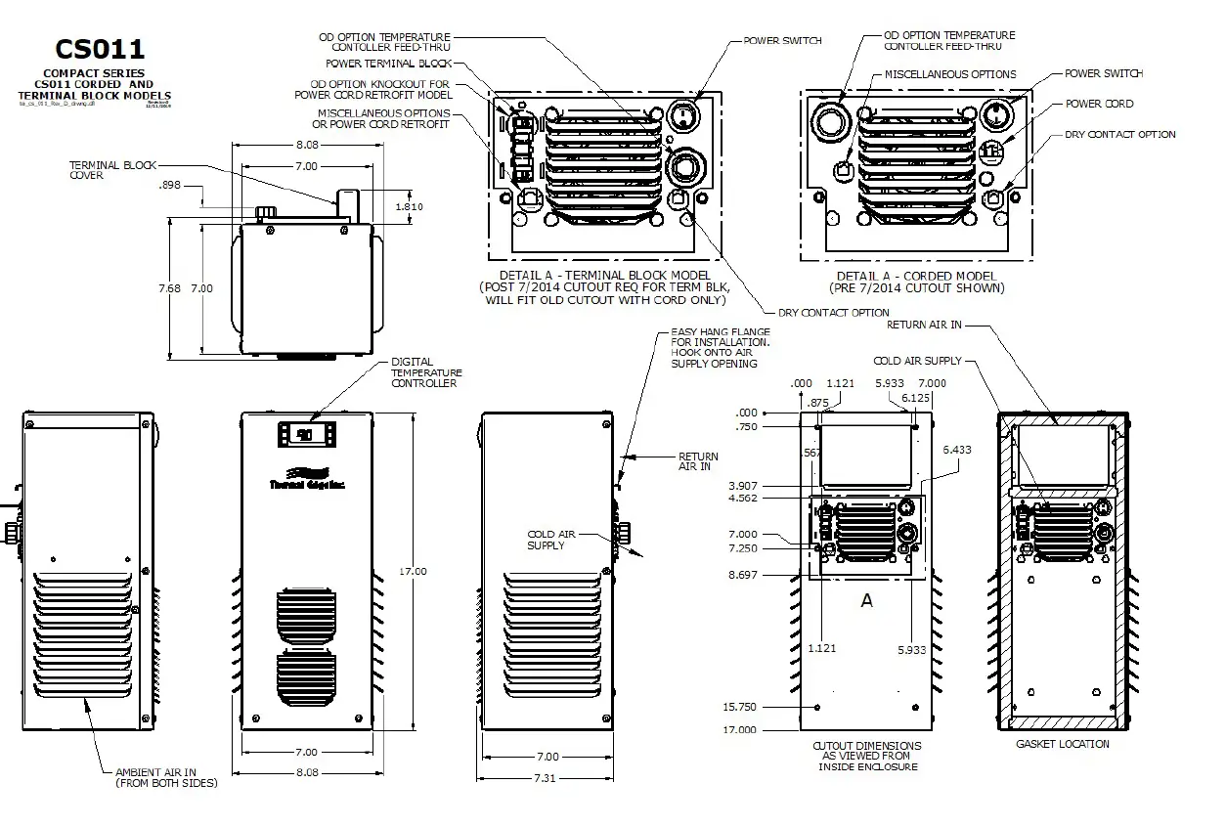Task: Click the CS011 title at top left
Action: tap(101, 48)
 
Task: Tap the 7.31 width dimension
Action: tap(547, 777)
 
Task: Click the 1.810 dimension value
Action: tap(409, 207)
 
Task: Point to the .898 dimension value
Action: tap(168, 185)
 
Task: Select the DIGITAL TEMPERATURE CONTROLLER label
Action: tap(425, 372)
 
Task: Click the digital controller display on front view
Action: tap(305, 434)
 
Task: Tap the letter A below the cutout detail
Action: tap(866, 601)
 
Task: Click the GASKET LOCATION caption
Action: tap(1063, 744)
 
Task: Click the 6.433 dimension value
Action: tap(958, 450)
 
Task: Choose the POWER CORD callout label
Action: tap(1099, 104)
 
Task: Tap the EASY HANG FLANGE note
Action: tap(720, 348)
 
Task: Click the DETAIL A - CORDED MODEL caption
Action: tap(915, 283)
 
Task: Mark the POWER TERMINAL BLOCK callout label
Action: tap(388, 64)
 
